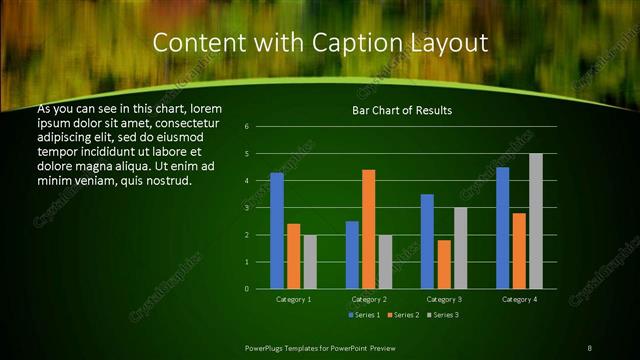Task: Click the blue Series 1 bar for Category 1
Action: point(277,231)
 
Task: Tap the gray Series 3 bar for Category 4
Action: point(536,221)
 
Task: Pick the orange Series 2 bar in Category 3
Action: point(444,264)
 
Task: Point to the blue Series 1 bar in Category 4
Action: point(503,228)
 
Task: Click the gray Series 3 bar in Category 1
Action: point(310,262)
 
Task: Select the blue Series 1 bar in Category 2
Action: point(352,255)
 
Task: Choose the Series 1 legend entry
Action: point(363,315)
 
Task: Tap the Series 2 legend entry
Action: point(404,315)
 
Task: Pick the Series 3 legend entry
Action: point(444,315)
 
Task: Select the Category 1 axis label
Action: point(294,299)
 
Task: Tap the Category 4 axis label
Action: point(519,299)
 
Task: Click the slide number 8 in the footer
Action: point(589,347)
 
